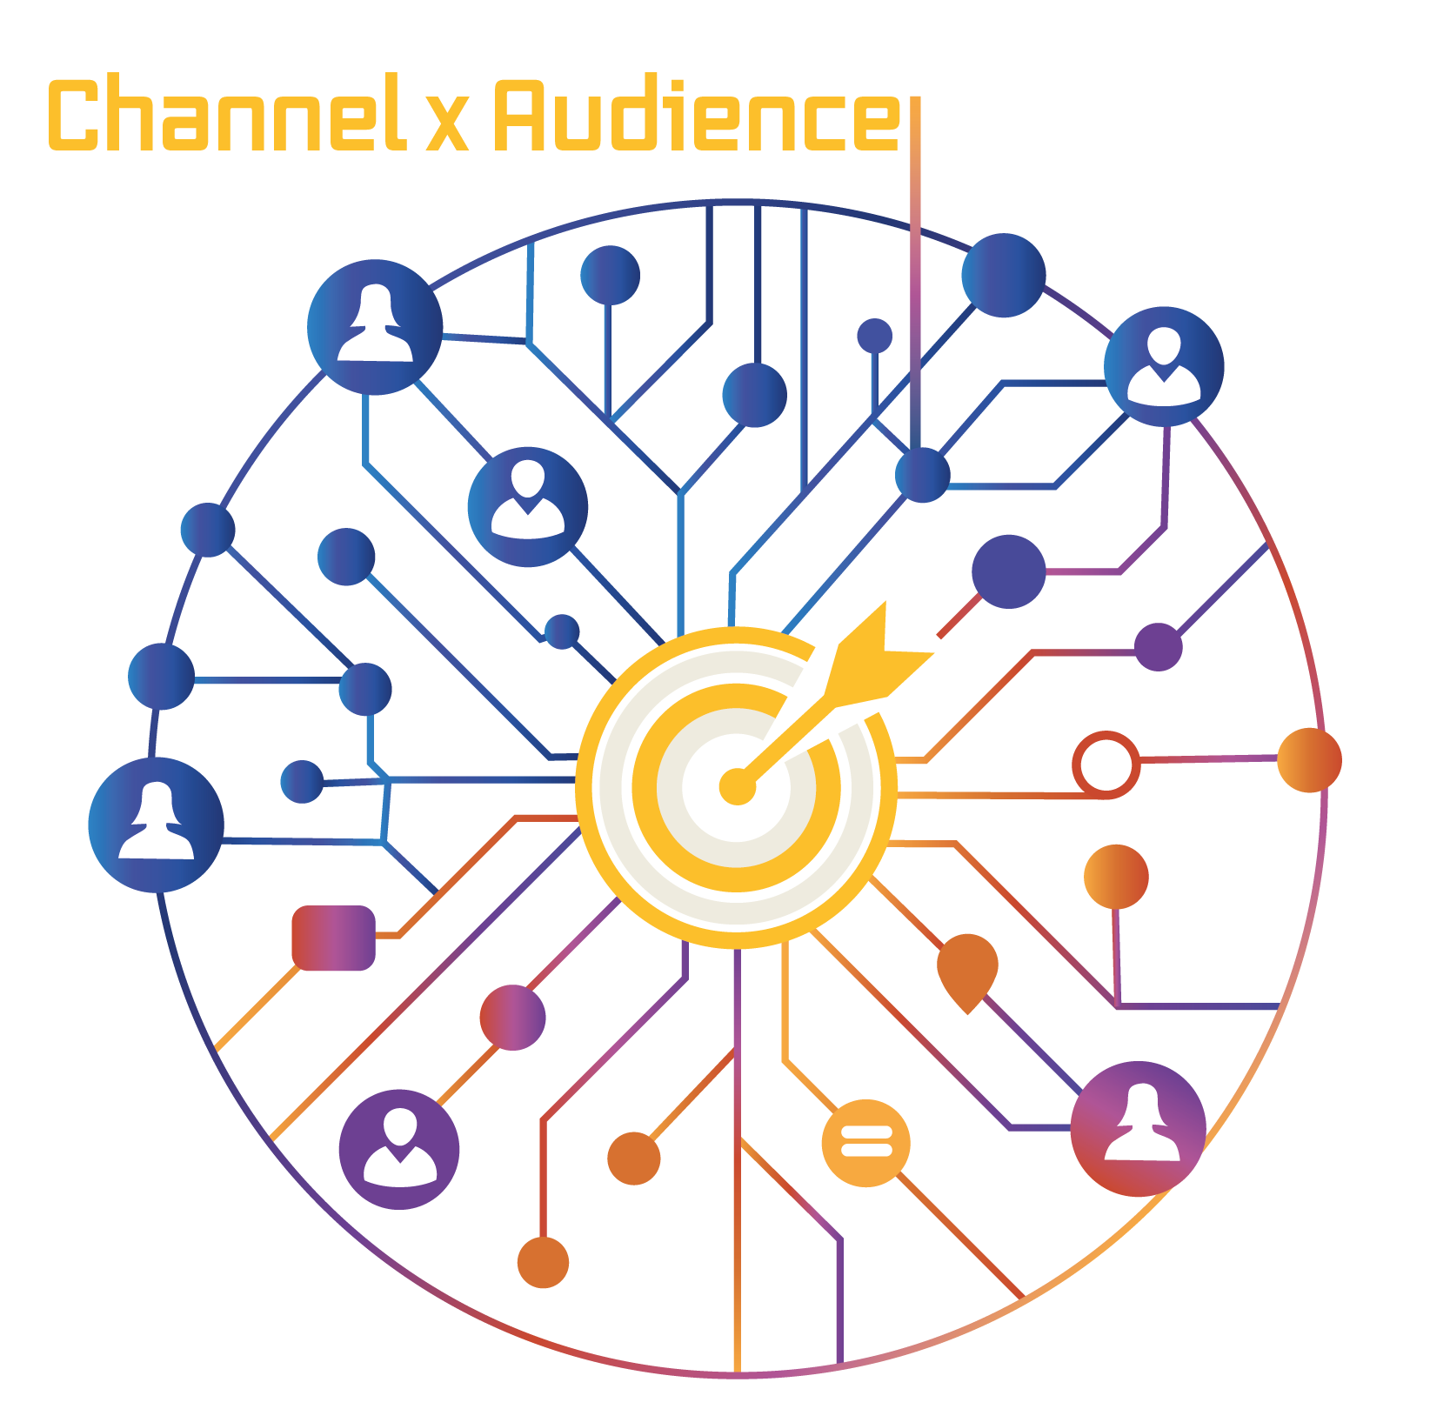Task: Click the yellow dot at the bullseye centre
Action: click(x=736, y=786)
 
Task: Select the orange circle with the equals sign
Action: click(x=865, y=1142)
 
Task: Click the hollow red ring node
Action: click(x=1106, y=765)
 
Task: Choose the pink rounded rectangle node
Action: click(x=333, y=938)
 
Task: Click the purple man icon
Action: click(x=399, y=1148)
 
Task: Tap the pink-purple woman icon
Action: click(x=1138, y=1128)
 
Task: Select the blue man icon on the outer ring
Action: click(x=1164, y=366)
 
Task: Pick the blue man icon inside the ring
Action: click(x=527, y=506)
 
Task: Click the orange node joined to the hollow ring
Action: click(x=1309, y=759)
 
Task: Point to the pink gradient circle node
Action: click(x=512, y=1017)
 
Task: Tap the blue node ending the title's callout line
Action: click(x=922, y=475)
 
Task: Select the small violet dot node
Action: click(x=1158, y=647)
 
